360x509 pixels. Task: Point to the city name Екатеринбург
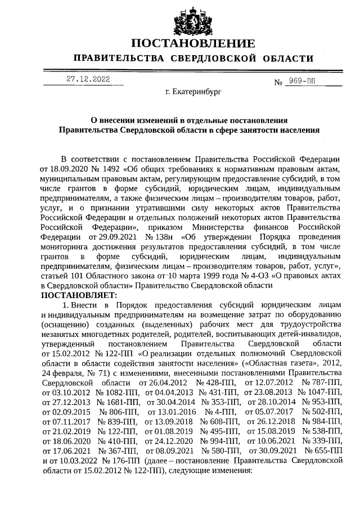pos(193,91)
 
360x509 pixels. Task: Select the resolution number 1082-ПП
pos(121,391)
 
